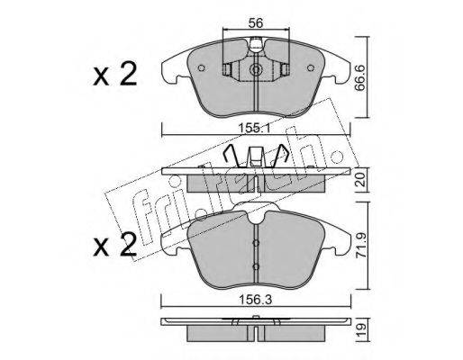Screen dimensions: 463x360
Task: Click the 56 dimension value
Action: point(256,23)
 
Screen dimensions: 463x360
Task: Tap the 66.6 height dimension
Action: point(360,78)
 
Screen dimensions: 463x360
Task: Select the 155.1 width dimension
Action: point(255,129)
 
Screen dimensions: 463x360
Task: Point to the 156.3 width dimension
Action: point(256,300)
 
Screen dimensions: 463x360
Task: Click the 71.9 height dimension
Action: point(361,246)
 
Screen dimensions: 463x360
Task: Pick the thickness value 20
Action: point(361,180)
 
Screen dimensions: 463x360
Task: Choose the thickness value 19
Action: point(361,330)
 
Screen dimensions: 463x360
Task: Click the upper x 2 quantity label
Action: point(114,74)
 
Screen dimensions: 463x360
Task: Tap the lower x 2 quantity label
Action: point(114,245)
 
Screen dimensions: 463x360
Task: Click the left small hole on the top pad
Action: point(202,68)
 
